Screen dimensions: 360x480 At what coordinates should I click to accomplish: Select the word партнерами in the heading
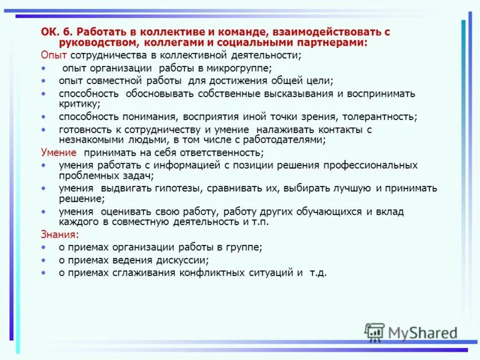336,43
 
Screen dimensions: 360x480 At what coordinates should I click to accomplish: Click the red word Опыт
52,55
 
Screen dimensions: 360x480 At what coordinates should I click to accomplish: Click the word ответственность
220,152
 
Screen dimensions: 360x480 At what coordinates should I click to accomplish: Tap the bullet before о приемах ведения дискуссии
44,260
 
